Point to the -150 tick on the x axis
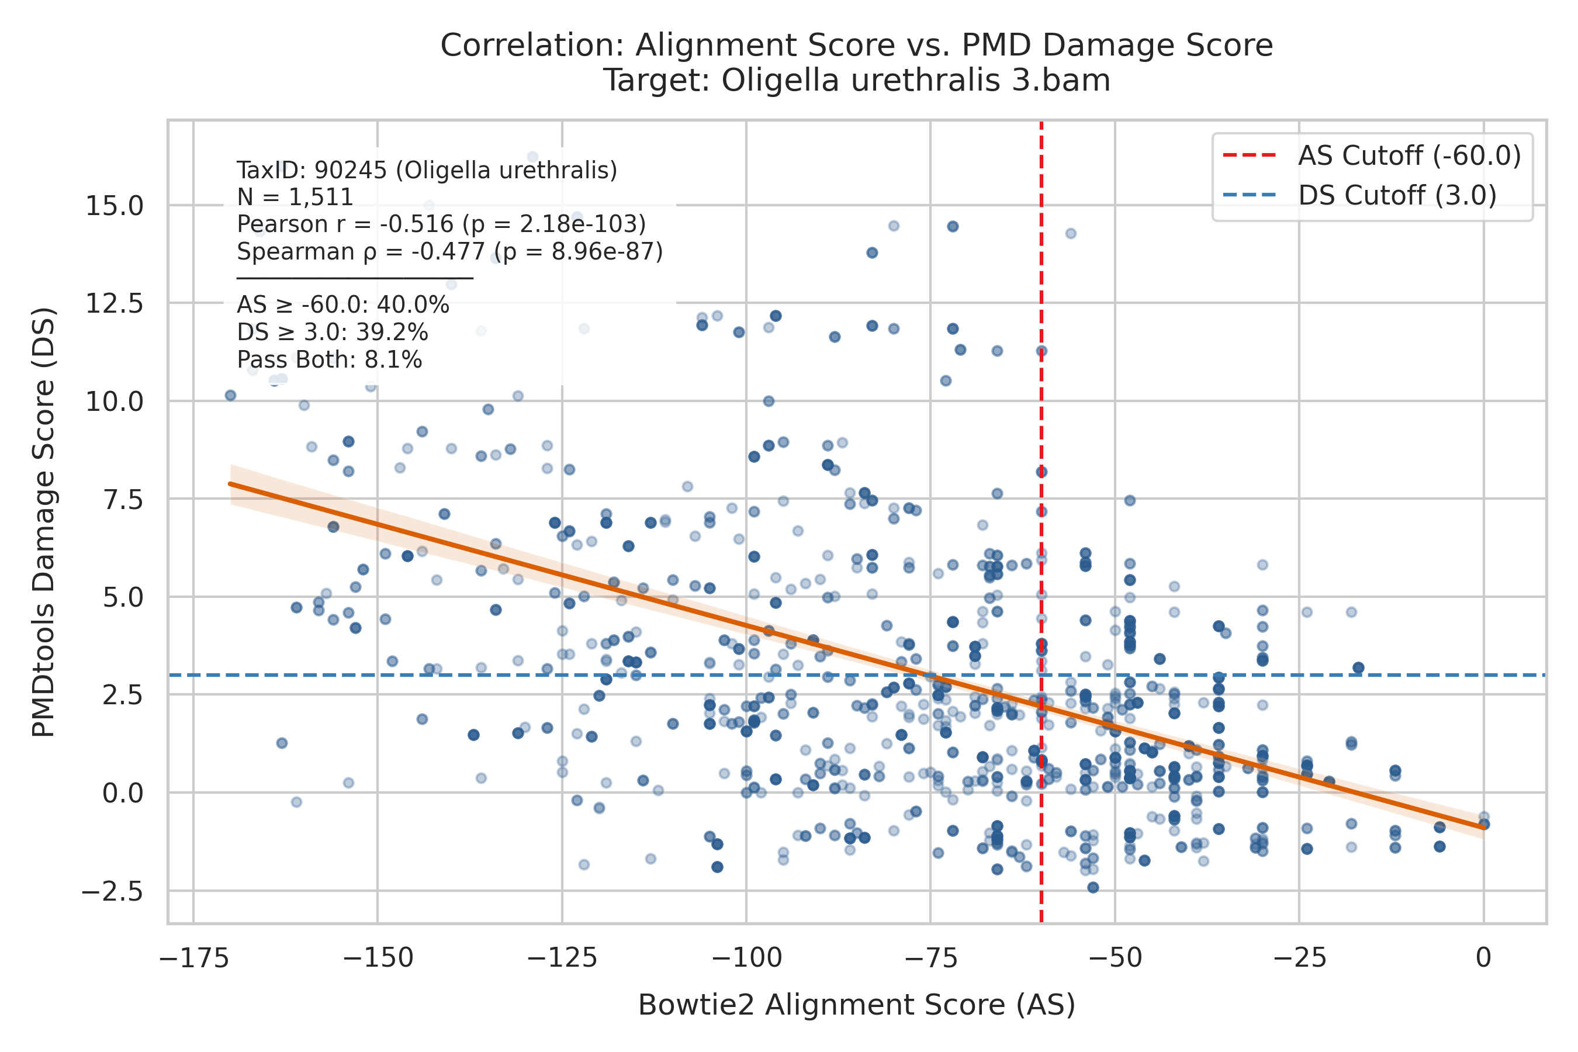378,958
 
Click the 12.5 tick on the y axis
114,304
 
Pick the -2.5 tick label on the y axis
112,892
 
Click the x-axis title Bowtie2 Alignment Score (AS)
857,1005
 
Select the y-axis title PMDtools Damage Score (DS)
44,522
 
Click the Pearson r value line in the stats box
441,224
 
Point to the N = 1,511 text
295,198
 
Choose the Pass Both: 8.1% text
330,360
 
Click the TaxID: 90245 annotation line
427,171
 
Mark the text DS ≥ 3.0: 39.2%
332,333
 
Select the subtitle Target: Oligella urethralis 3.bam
857,81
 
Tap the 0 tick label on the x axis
1483,958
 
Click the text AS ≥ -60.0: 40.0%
343,305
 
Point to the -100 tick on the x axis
747,958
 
